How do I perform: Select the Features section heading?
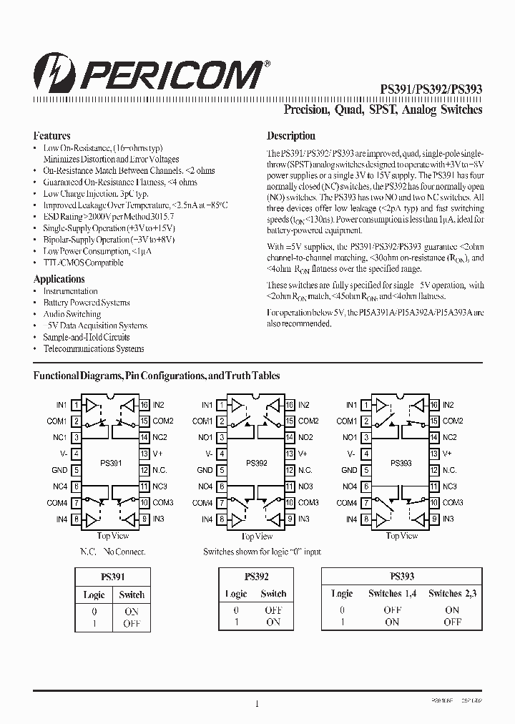(x=51, y=135)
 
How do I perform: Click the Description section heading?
(x=290, y=135)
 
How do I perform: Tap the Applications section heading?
(x=59, y=279)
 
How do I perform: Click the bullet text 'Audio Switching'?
(x=72, y=314)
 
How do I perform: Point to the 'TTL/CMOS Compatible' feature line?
(x=83, y=263)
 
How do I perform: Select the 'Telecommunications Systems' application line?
(x=93, y=348)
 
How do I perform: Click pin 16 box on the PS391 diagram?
(x=144, y=405)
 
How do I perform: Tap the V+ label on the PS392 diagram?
(x=303, y=454)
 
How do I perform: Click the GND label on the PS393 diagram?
(x=349, y=470)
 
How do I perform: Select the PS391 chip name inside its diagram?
(x=111, y=463)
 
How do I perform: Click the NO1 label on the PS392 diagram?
(x=205, y=437)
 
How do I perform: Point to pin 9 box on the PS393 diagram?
(x=433, y=519)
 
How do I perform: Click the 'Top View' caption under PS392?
(x=255, y=536)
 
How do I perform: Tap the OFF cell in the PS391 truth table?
(x=132, y=623)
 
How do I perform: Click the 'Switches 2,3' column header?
(x=452, y=593)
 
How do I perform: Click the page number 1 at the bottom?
(x=256, y=704)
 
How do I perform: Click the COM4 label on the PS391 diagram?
(x=57, y=503)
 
